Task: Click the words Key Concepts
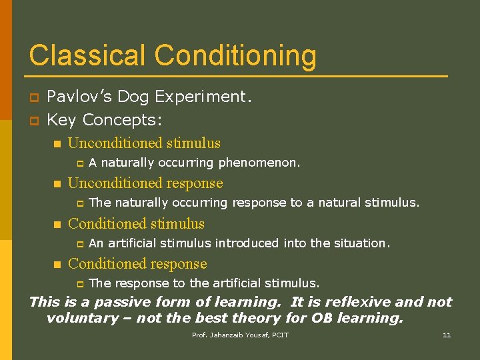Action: (x=105, y=120)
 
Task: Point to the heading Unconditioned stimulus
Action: (x=144, y=143)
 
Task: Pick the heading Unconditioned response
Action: (x=145, y=183)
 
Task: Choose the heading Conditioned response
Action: (x=137, y=264)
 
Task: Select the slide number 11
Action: (x=447, y=335)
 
